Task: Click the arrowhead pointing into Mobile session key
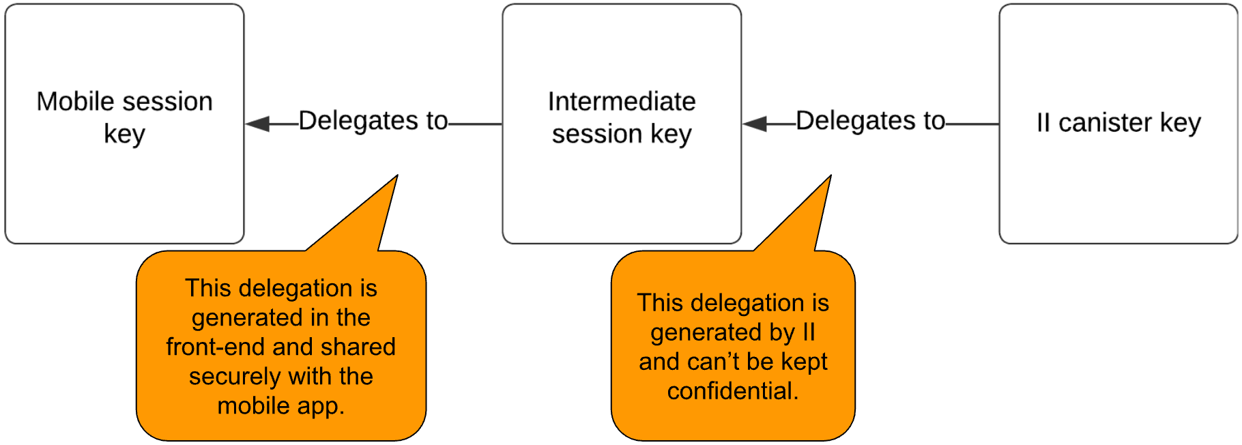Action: pyautogui.click(x=258, y=124)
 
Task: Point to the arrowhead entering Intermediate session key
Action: pyautogui.click(x=755, y=124)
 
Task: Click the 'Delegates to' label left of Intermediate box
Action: pyautogui.click(x=373, y=121)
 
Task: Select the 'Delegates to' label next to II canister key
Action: pyautogui.click(x=870, y=121)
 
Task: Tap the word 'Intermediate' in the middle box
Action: pyautogui.click(x=621, y=102)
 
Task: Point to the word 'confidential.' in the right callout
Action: pyautogui.click(x=732, y=391)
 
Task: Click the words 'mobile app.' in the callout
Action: pyautogui.click(x=280, y=405)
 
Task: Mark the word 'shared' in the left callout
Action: pyautogui.click(x=358, y=347)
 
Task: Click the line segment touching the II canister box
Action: pyautogui.click(x=972, y=124)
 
